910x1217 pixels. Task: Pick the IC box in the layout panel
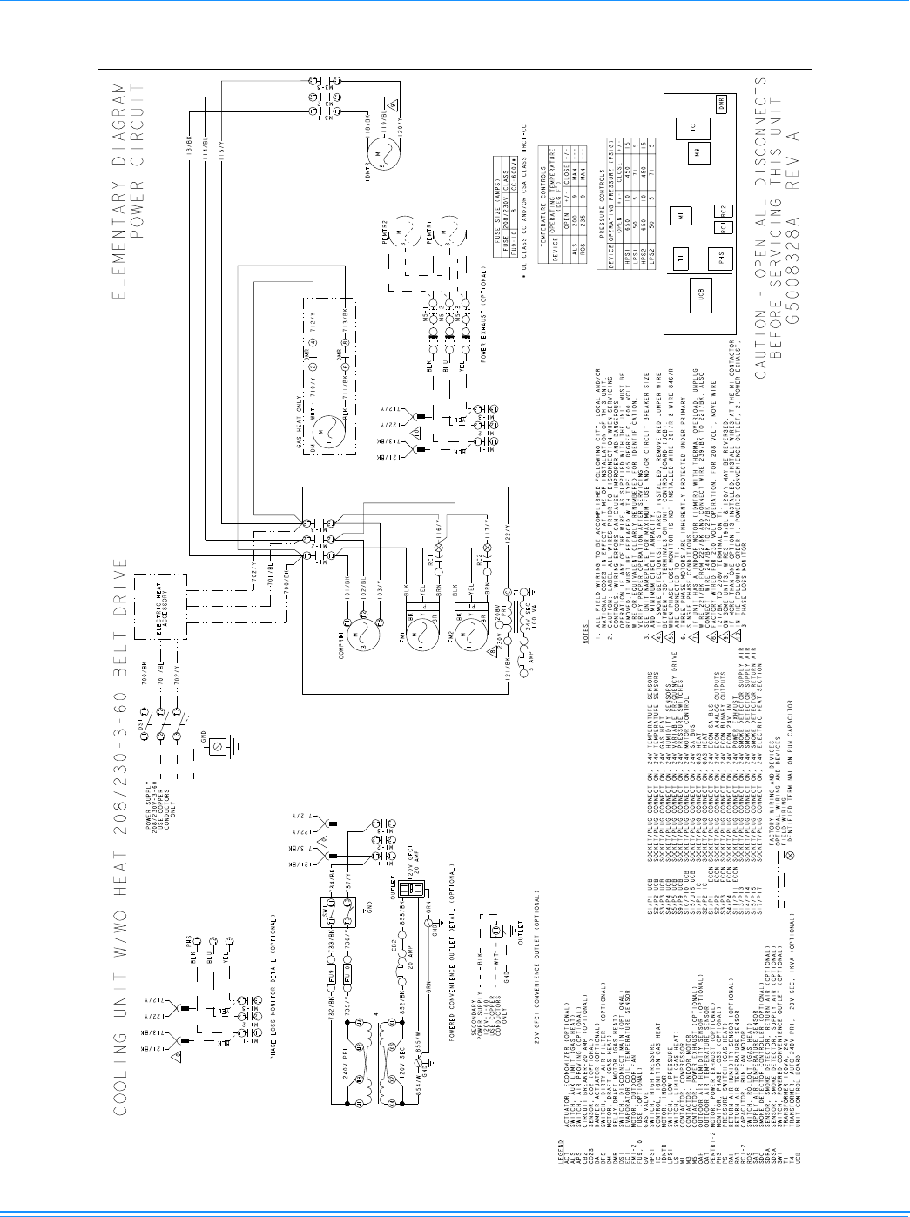692,128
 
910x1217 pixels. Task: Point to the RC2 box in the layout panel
723,210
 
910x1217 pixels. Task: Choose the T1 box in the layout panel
683,258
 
